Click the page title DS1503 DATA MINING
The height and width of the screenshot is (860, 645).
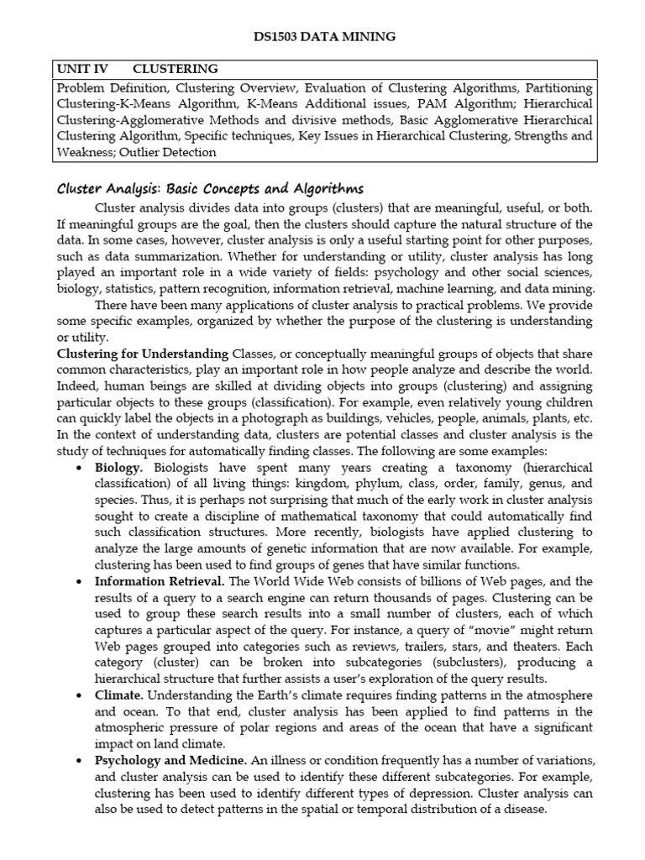(x=323, y=37)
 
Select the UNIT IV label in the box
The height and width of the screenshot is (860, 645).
(x=82, y=69)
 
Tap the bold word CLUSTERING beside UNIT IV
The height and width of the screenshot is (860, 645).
(x=176, y=69)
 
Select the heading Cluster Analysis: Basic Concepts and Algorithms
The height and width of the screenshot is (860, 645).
(x=210, y=188)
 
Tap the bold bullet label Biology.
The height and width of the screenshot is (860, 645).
(x=119, y=467)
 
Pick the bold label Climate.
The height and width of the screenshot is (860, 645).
(x=119, y=695)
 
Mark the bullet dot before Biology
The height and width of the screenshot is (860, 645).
(x=78, y=468)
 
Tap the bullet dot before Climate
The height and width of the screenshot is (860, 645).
(x=78, y=696)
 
